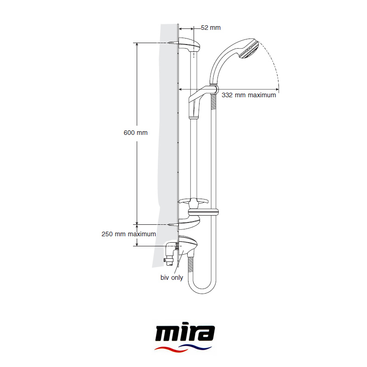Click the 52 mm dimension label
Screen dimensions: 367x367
(x=211, y=28)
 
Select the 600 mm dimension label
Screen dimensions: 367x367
(x=135, y=133)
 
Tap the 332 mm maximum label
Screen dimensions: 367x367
(x=249, y=95)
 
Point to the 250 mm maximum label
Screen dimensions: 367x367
(x=129, y=234)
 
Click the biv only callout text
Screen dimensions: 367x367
(x=172, y=278)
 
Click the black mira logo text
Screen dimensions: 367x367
(x=185, y=334)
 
